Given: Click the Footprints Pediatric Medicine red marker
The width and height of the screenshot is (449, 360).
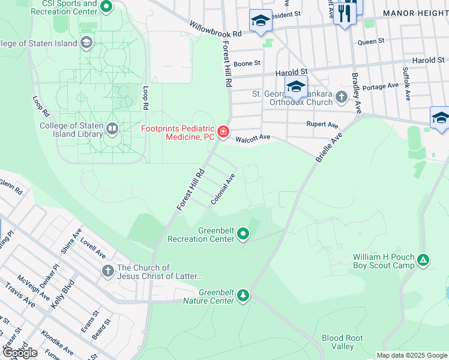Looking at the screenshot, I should [223, 131].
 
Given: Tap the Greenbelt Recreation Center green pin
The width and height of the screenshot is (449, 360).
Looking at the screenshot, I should [243, 233].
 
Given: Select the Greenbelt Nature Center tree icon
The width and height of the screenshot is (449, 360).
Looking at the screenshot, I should [243, 295].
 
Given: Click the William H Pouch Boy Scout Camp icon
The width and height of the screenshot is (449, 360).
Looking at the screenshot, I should [424, 260].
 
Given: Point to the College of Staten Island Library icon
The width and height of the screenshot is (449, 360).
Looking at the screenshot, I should [112, 128].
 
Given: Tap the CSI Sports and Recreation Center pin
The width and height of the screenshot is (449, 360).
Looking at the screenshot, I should [107, 7].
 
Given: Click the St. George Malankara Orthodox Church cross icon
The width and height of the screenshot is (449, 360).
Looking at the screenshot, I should [342, 97].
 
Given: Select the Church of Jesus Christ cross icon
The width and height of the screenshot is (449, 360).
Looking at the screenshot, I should [108, 271].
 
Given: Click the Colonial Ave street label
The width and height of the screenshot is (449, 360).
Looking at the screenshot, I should [223, 189].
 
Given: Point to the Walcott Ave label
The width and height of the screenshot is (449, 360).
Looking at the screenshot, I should [253, 138].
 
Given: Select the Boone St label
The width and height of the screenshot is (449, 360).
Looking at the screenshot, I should [247, 62].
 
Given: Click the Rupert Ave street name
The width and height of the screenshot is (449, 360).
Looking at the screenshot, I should [322, 125].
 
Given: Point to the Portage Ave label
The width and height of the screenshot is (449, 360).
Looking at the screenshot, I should [381, 86].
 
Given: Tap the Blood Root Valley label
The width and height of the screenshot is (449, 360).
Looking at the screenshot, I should [342, 342].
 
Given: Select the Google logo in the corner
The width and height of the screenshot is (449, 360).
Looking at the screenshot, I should [20, 353].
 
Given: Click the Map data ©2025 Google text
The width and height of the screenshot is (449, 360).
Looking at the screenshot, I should [412, 355].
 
